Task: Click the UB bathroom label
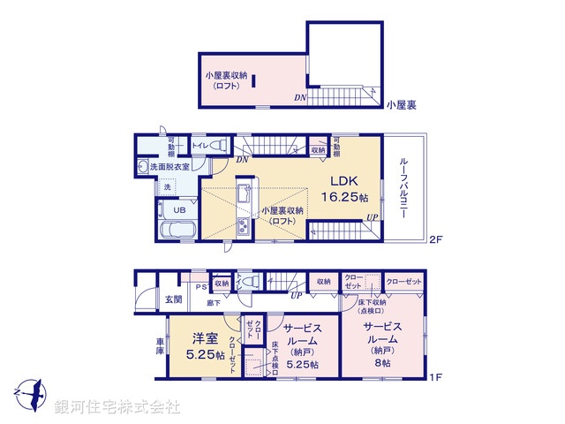(179, 210)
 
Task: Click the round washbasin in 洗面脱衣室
(142, 168)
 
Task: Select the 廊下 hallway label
(213, 303)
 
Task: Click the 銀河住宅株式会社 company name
(117, 407)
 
